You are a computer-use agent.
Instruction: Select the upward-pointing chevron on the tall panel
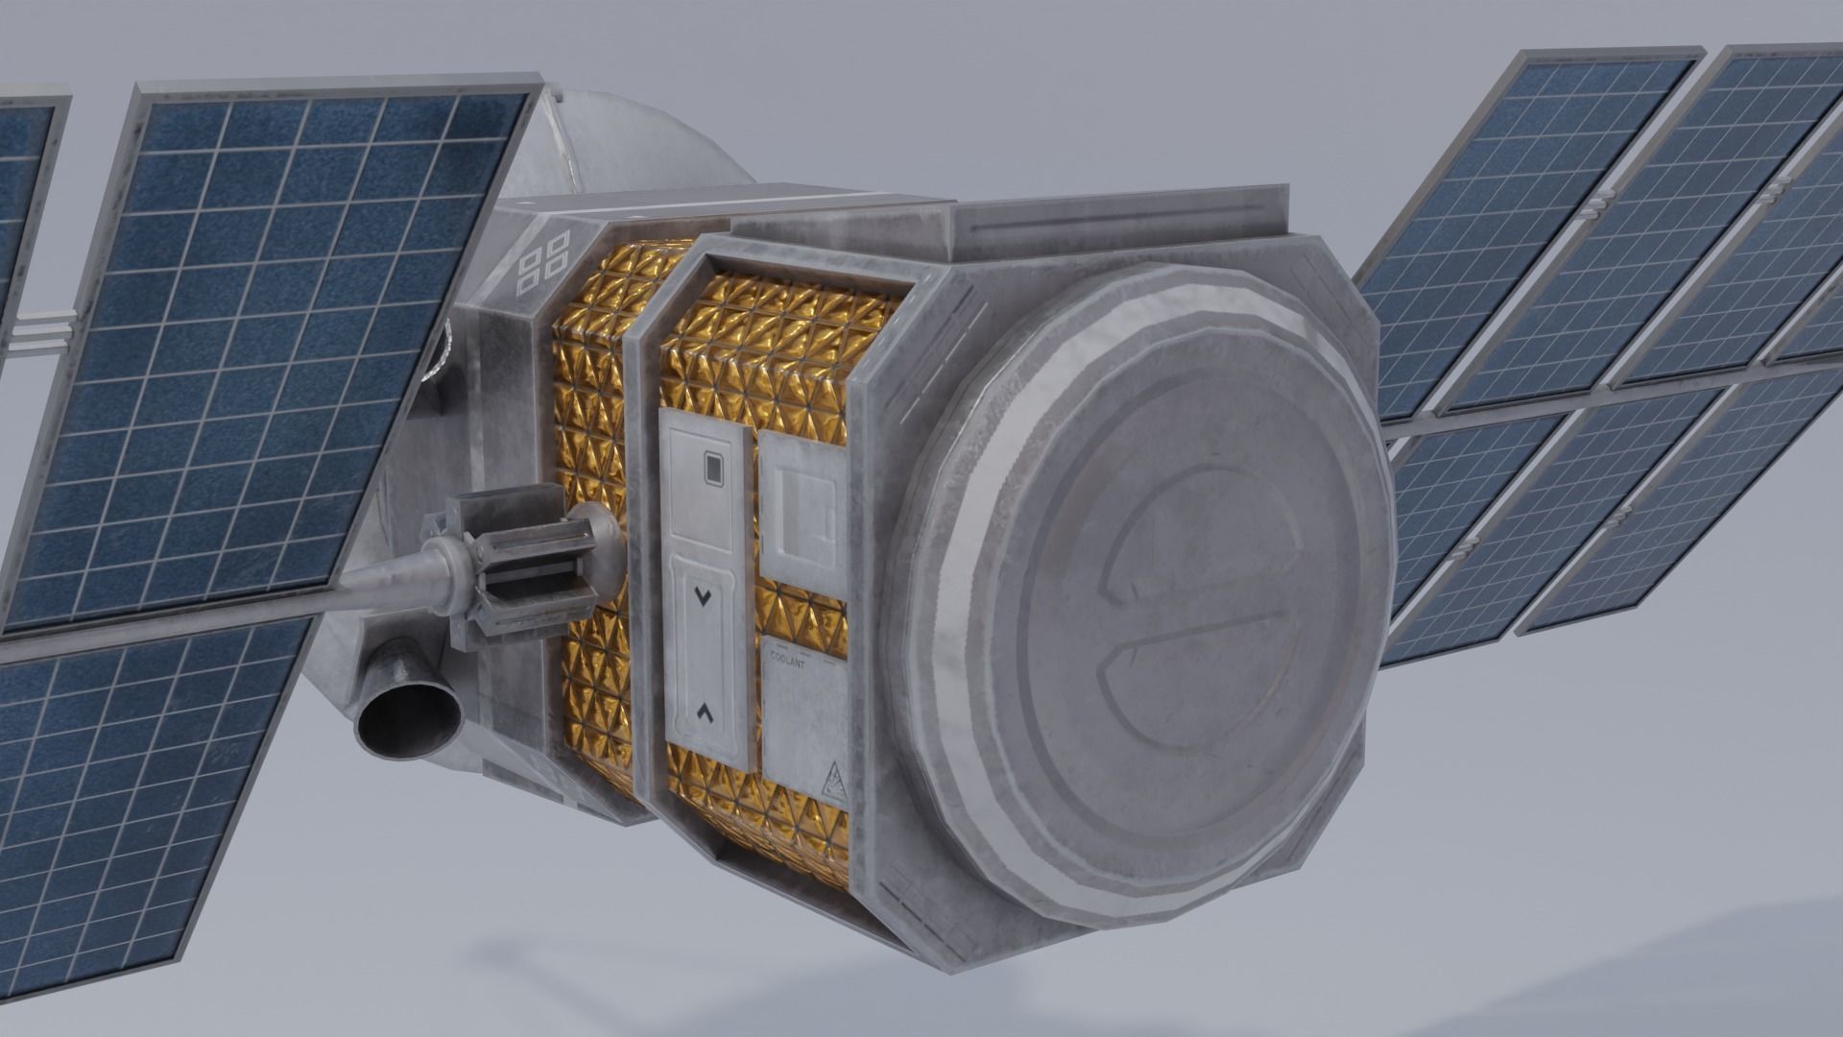[x=706, y=711]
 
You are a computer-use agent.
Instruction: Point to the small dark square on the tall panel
[x=712, y=469]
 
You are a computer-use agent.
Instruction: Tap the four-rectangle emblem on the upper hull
[x=542, y=260]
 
